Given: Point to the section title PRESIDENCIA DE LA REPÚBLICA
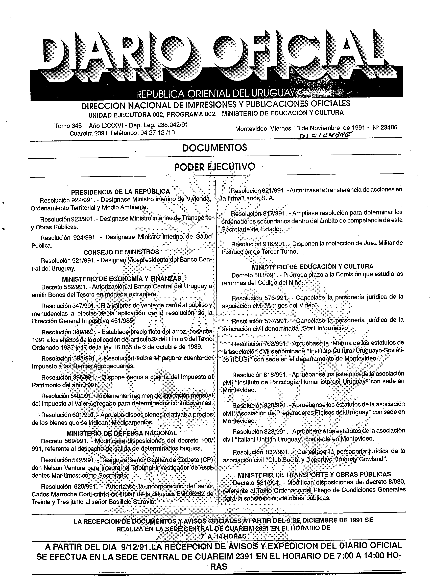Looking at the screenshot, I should (120, 192).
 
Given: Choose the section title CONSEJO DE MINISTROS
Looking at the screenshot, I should (121, 252).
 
